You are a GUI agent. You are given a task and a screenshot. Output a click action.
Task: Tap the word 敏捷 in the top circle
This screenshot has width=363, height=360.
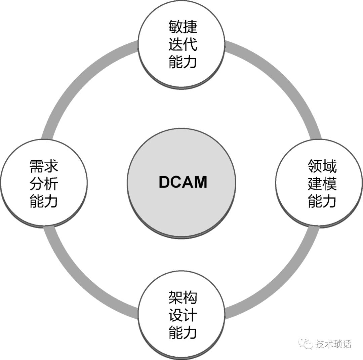183,27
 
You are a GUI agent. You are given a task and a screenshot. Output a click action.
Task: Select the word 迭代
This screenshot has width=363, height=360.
183,44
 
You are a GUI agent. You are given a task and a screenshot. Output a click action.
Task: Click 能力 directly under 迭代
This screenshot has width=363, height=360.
183,62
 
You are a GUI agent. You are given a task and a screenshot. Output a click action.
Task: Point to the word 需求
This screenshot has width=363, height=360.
44,166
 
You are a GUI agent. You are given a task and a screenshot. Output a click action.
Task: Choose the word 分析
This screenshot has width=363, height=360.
44,184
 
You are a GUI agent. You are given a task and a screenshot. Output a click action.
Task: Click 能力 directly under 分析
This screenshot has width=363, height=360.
44,201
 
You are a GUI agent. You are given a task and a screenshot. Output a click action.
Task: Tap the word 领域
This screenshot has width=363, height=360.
322,166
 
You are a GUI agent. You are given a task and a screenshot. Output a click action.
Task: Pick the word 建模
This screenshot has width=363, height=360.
322,184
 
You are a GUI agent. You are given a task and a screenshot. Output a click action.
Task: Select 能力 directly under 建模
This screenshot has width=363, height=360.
322,201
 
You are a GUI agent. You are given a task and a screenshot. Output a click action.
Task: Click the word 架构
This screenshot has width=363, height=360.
183,297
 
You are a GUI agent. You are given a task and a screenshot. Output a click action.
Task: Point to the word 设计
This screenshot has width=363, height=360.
183,315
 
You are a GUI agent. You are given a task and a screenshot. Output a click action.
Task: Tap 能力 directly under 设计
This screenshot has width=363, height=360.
183,333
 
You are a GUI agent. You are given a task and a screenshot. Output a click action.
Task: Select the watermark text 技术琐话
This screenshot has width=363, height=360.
333,344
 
